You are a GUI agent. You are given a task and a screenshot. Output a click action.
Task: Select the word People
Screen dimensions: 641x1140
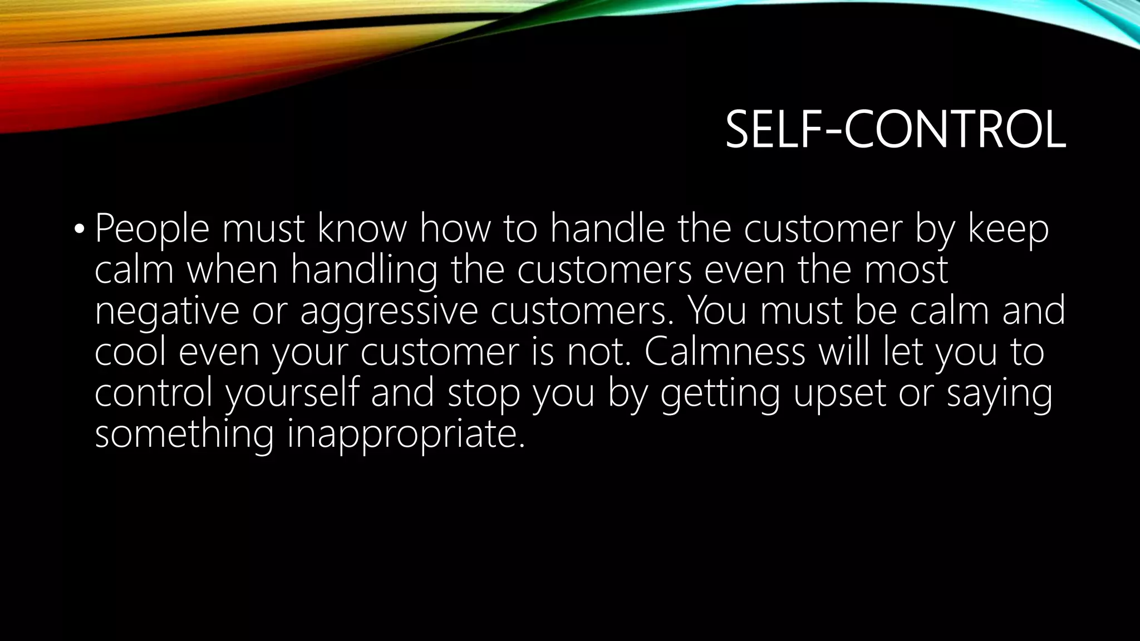[x=152, y=229]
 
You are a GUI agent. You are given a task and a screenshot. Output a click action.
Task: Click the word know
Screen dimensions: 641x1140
[x=362, y=229]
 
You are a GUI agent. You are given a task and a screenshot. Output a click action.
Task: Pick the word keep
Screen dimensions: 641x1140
[x=1008, y=229]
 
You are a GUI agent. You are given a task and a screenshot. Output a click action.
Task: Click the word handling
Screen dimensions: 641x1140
[x=364, y=270]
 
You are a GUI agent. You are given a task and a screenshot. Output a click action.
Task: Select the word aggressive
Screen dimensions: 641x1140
[x=389, y=311]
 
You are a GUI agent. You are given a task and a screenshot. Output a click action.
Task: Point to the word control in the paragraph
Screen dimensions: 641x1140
[x=154, y=393]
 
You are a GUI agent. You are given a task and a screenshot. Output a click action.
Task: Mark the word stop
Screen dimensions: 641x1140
[x=483, y=393]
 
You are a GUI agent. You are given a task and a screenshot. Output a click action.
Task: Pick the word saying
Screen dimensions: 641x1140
[x=999, y=393]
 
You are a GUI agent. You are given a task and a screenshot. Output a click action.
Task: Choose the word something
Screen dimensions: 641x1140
[x=184, y=434]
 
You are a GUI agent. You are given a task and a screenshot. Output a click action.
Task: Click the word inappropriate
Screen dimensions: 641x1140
[x=406, y=434]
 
